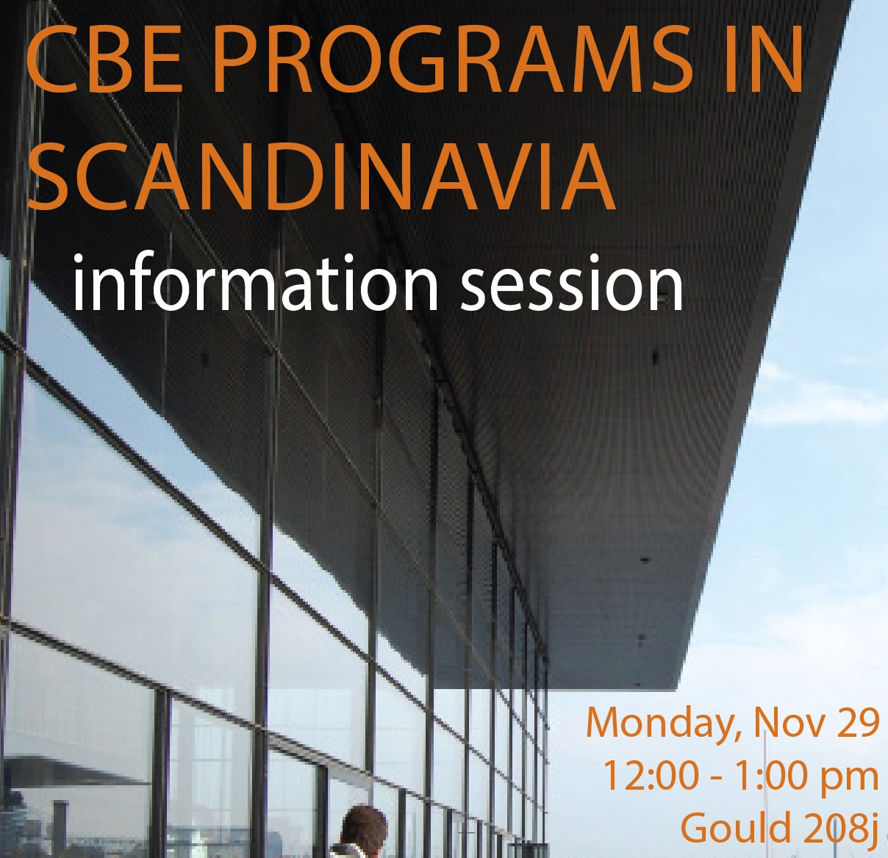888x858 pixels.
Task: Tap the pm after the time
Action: tap(851, 780)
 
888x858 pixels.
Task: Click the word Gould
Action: tap(735, 827)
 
